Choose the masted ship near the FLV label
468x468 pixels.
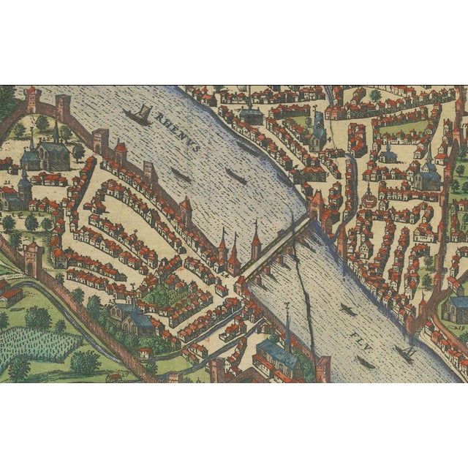(404, 354)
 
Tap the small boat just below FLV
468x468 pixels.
(366, 363)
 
